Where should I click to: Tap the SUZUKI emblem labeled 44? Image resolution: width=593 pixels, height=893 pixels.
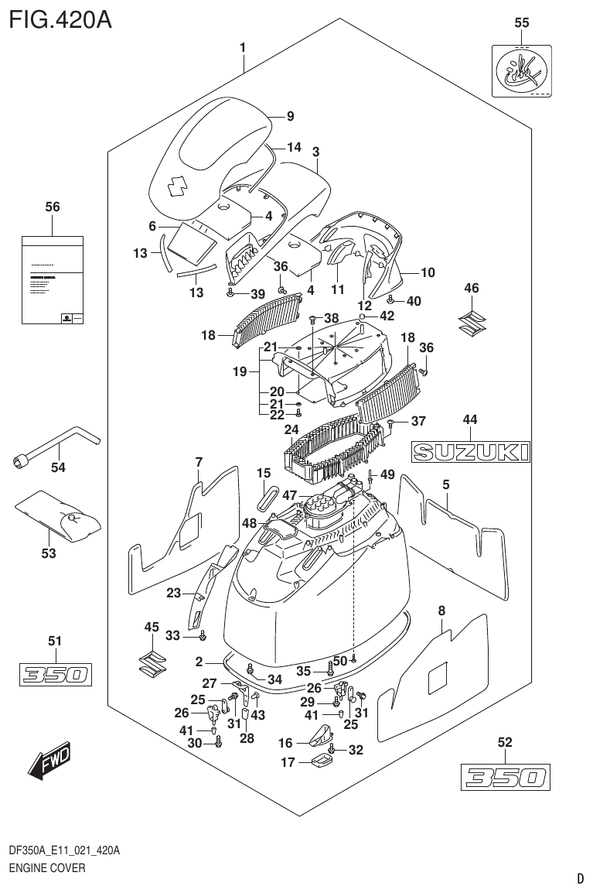tap(470, 452)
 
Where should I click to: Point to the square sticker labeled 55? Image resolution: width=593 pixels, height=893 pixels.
tap(522, 70)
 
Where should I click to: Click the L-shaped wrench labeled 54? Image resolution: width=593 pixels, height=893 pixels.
tap(54, 446)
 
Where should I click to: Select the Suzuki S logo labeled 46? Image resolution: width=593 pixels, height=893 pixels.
tap(471, 321)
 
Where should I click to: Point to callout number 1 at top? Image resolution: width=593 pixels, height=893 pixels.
tap(243, 48)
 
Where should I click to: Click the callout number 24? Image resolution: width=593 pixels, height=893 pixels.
tap(291, 429)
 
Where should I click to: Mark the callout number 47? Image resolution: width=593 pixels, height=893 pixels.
tap(290, 494)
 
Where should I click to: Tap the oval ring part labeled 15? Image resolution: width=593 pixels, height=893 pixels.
tap(267, 497)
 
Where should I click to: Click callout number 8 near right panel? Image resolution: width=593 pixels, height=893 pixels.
tap(441, 611)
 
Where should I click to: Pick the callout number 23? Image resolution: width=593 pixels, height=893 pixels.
tap(173, 594)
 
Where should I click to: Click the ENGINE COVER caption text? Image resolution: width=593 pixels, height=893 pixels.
tap(47, 868)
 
